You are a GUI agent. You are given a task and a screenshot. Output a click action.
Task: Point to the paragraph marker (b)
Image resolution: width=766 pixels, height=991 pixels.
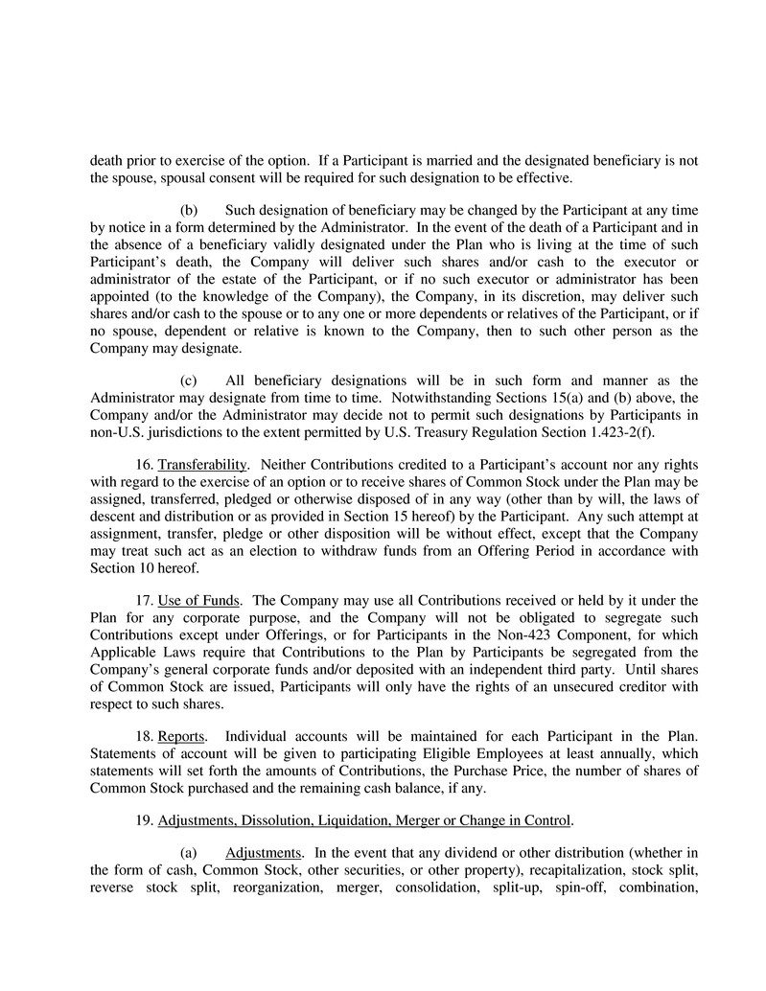click(189, 210)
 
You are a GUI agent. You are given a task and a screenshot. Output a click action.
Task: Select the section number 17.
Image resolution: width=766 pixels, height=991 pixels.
click(146, 601)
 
